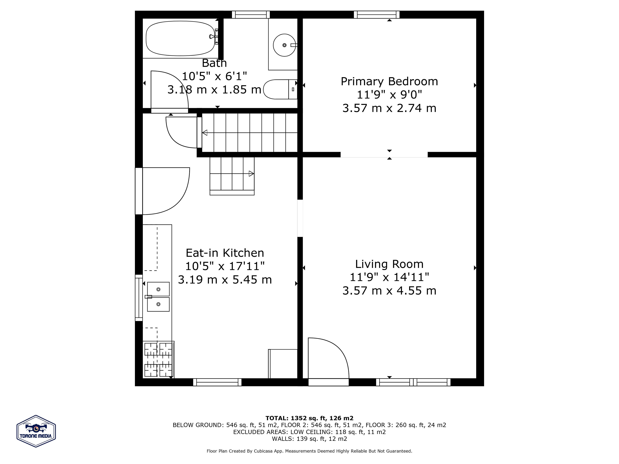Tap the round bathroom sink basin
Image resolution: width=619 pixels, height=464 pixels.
tap(284, 45)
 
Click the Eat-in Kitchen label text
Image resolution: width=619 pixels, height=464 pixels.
tap(225, 253)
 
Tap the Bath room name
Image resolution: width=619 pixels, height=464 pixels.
tap(214, 63)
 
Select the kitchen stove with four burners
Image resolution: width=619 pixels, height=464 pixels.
tap(158, 359)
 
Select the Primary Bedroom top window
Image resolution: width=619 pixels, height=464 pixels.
tap(377, 15)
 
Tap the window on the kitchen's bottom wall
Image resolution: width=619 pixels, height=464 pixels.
tap(217, 382)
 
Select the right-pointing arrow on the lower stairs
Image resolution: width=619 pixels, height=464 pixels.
tap(251, 173)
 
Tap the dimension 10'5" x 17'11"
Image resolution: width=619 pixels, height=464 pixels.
tap(225, 266)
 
